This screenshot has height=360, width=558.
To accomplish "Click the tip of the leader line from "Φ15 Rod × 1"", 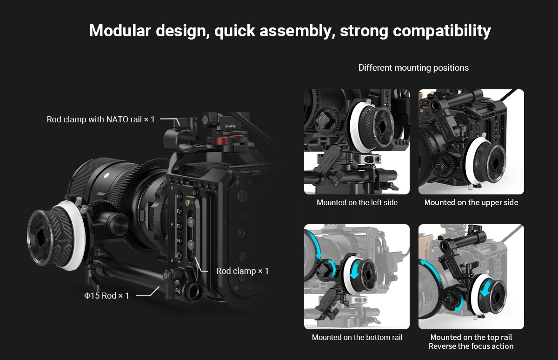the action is pyautogui.click(x=159, y=287).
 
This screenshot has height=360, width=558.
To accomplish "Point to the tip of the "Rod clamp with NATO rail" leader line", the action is pyautogui.click(x=179, y=125).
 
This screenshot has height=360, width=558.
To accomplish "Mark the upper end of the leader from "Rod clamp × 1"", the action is pyautogui.click(x=195, y=257).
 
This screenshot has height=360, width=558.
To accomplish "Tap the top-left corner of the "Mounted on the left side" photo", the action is pyautogui.click(x=304, y=89).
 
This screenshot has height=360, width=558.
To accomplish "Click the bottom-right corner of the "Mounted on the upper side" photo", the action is pyautogui.click(x=524, y=194).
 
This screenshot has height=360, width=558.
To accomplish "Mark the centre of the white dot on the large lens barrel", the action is pyautogui.click(x=106, y=175).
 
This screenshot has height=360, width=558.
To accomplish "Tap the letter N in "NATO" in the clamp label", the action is pyautogui.click(x=109, y=120).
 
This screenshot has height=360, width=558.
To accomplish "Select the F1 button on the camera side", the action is pyautogui.click(x=179, y=197).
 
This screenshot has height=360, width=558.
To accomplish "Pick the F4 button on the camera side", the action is pyautogui.click(x=179, y=240).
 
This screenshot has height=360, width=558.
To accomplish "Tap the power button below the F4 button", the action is pyautogui.click(x=179, y=255).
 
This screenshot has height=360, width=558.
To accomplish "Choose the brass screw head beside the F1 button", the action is pyautogui.click(x=189, y=202).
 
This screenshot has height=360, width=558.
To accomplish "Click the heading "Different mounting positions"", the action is pyautogui.click(x=413, y=68).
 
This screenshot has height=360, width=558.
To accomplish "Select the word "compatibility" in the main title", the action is pyautogui.click(x=442, y=31).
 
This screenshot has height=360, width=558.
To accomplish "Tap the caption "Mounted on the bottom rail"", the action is pyautogui.click(x=357, y=337).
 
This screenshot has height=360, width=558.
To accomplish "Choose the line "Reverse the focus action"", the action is pyautogui.click(x=471, y=346).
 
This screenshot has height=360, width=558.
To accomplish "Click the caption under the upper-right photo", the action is pyautogui.click(x=472, y=202).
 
